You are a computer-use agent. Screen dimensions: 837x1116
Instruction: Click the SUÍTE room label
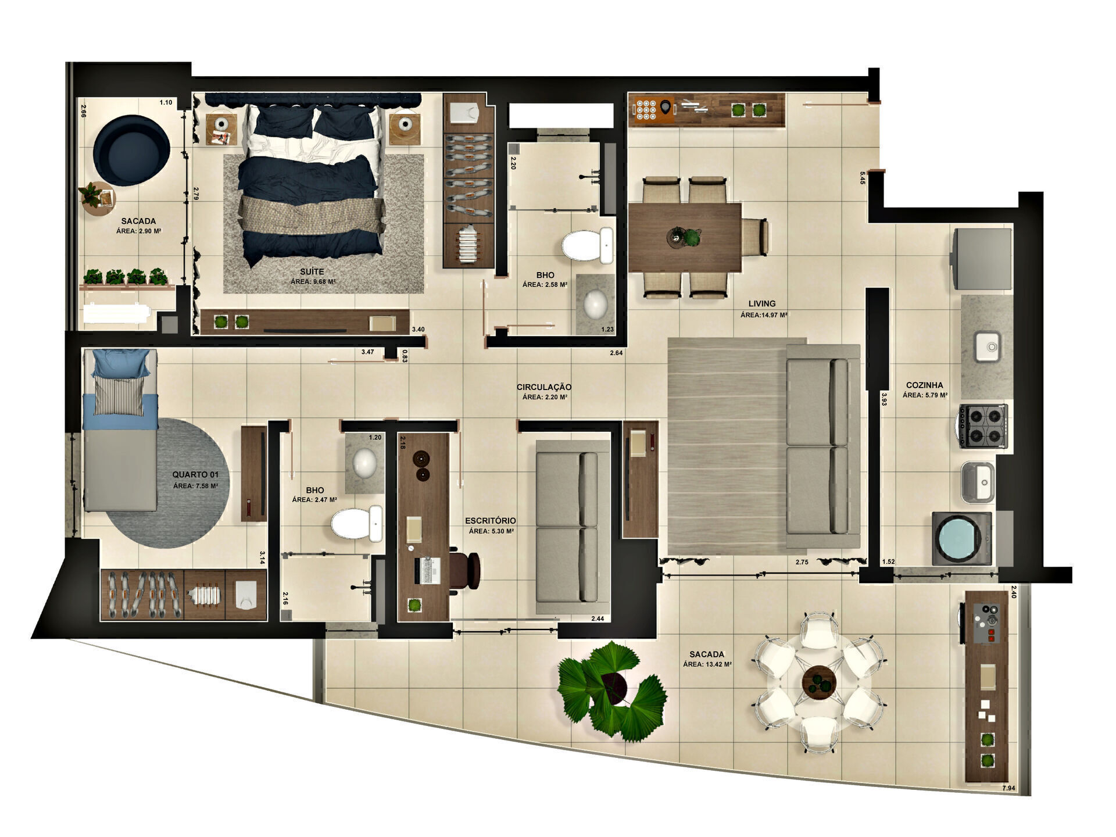pyautogui.click(x=312, y=271)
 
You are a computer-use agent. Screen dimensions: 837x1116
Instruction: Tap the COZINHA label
pyautogui.click(x=924, y=385)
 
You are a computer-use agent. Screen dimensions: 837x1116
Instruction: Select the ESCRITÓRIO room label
pyautogui.click(x=490, y=521)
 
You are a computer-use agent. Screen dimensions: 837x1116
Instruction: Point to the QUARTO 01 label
pyautogui.click(x=195, y=475)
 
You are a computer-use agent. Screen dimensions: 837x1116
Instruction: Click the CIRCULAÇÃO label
pyautogui.click(x=544, y=387)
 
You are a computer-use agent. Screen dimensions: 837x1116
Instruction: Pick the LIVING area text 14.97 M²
pyautogui.click(x=764, y=315)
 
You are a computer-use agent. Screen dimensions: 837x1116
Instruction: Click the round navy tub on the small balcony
pyautogui.click(x=131, y=151)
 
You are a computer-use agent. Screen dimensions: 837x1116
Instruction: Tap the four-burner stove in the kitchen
pyautogui.click(x=982, y=425)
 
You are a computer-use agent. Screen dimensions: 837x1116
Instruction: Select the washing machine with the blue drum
pyautogui.click(x=961, y=539)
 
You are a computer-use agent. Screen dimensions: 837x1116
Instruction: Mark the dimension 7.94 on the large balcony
pyautogui.click(x=1008, y=788)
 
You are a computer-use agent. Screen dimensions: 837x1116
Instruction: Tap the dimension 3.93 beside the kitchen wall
pyautogui.click(x=884, y=399)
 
